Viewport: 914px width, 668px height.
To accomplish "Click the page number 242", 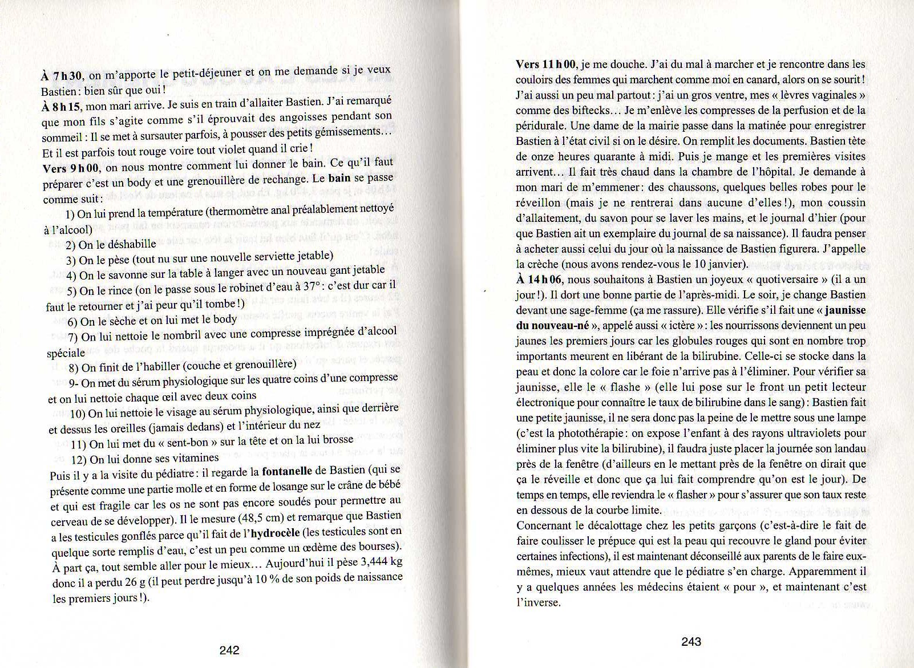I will [x=229, y=650].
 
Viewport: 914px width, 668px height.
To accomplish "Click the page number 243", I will [x=691, y=642].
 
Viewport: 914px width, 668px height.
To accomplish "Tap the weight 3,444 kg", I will [x=382, y=562].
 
